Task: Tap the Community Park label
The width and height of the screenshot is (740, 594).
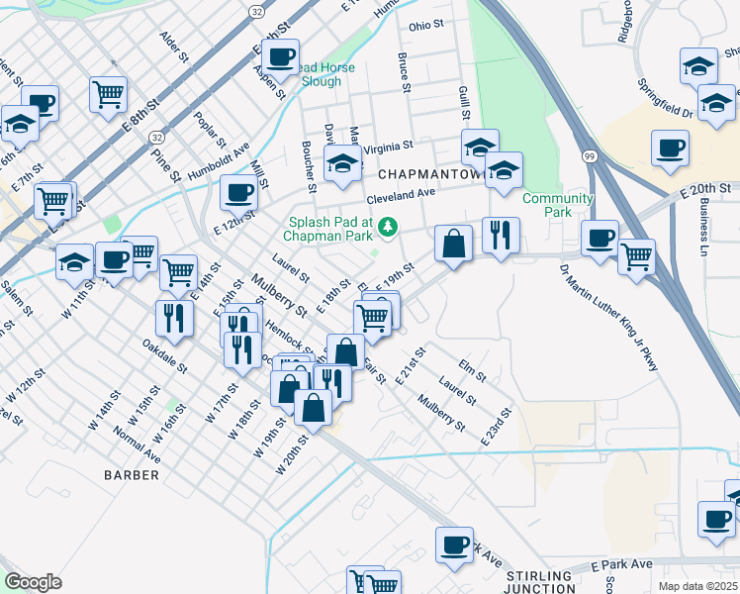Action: click(558, 205)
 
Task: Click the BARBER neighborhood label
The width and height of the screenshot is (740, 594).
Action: click(132, 475)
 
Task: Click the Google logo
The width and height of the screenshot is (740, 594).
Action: click(33, 581)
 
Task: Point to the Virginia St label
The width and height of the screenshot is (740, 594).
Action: click(388, 147)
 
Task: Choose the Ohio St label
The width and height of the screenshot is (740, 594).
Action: click(427, 26)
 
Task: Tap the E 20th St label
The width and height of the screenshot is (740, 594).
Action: click(705, 187)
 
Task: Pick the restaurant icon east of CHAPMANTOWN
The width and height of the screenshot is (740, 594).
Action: click(501, 235)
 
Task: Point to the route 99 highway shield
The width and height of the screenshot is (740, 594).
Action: click(590, 156)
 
